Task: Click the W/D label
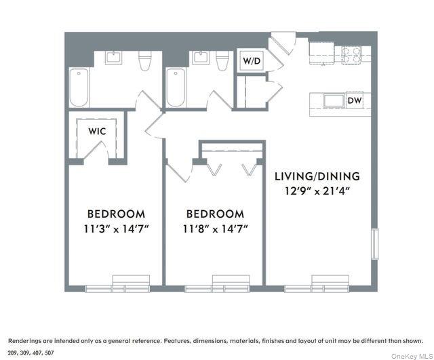pyautogui.click(x=251, y=61)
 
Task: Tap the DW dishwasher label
pyautogui.click(x=353, y=101)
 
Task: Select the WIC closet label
pyautogui.click(x=96, y=131)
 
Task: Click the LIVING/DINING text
pyautogui.click(x=317, y=176)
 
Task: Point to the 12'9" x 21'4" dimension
pyautogui.click(x=317, y=191)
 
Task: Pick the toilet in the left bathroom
pyautogui.click(x=144, y=62)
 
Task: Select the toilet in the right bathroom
pyautogui.click(x=220, y=62)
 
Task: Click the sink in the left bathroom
pyautogui.click(x=113, y=58)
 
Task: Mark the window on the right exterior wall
pyautogui.click(x=374, y=244)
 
